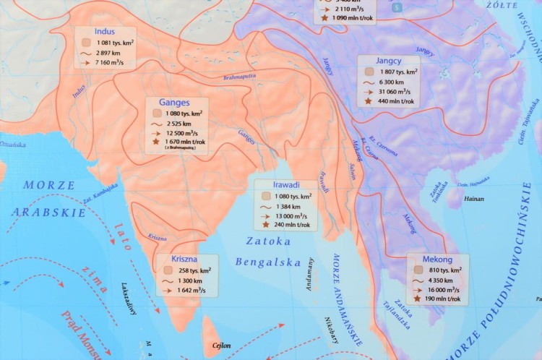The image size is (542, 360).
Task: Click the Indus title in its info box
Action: [105, 32]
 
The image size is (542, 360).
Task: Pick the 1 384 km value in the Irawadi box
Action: [295, 206]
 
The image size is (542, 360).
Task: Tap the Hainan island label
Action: [474, 197]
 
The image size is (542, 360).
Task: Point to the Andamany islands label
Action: [311, 274]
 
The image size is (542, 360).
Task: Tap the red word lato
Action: [123, 236]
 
